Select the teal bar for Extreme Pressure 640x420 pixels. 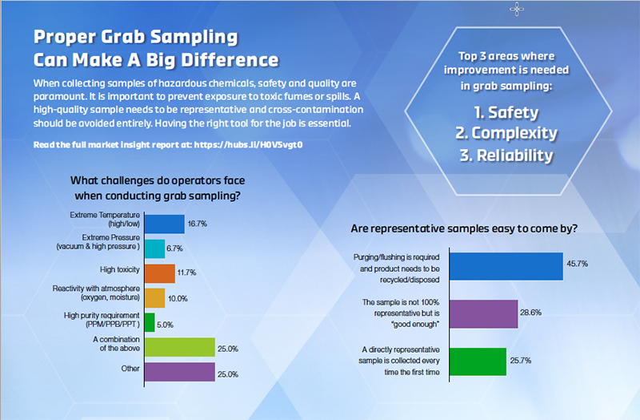(x=154, y=248)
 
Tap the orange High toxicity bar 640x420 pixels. (x=159, y=273)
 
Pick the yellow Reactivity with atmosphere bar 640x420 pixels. (x=154, y=297)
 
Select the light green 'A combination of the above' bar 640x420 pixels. (x=179, y=347)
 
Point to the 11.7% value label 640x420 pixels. (x=186, y=273)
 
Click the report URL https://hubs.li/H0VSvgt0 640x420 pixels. (x=242, y=144)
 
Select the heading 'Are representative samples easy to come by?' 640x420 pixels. (x=464, y=228)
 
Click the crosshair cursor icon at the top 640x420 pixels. (x=518, y=9)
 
